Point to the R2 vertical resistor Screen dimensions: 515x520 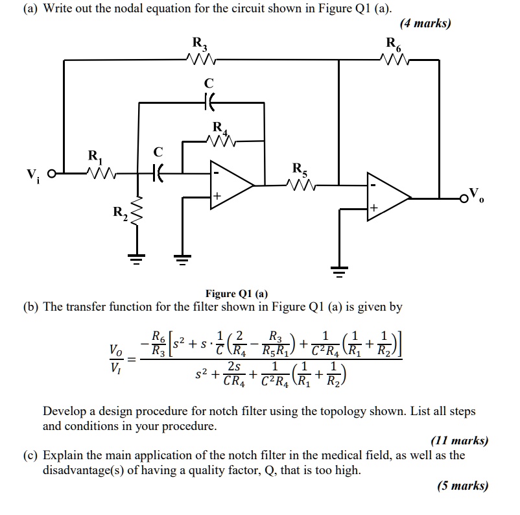(137, 211)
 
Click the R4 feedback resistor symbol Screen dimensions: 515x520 (220, 140)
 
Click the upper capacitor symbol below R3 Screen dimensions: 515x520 (208, 102)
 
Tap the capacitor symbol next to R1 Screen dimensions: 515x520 (158, 173)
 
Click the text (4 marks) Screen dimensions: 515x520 (425, 24)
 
